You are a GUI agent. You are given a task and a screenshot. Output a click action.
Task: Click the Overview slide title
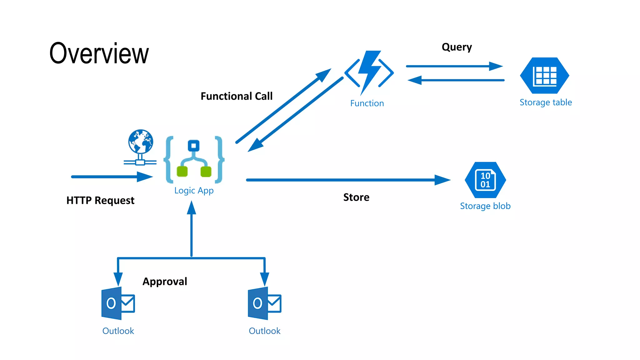click(x=99, y=53)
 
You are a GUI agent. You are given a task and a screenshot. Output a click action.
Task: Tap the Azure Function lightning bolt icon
click(x=369, y=72)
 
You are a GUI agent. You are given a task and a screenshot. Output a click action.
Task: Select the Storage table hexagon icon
click(x=544, y=76)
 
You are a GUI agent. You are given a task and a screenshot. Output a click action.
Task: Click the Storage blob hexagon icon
click(x=485, y=180)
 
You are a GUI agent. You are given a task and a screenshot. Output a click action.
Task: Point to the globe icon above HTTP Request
click(x=141, y=142)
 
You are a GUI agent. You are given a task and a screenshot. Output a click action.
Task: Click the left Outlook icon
click(x=118, y=303)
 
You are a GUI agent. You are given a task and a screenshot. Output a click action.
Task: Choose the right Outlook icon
click(x=264, y=303)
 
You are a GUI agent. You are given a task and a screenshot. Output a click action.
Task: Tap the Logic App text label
click(x=194, y=191)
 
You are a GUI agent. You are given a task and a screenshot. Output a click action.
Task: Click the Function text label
click(x=367, y=103)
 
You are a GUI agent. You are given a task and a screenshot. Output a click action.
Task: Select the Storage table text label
click(x=546, y=102)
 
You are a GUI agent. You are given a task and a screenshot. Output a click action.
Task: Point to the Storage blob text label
click(x=485, y=206)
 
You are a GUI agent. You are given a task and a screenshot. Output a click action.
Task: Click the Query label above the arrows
click(x=457, y=47)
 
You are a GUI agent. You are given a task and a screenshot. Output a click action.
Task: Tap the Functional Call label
click(x=237, y=96)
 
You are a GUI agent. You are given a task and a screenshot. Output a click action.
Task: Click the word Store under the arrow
click(x=356, y=197)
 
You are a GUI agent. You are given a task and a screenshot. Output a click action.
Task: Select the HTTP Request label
click(x=100, y=200)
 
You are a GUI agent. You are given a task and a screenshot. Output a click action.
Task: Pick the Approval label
click(x=165, y=282)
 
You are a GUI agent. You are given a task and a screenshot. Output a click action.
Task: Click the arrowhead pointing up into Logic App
click(x=192, y=208)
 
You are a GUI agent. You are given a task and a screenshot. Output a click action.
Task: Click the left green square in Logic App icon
click(x=182, y=172)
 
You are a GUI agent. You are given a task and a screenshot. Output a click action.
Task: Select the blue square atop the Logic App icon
click(x=193, y=146)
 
